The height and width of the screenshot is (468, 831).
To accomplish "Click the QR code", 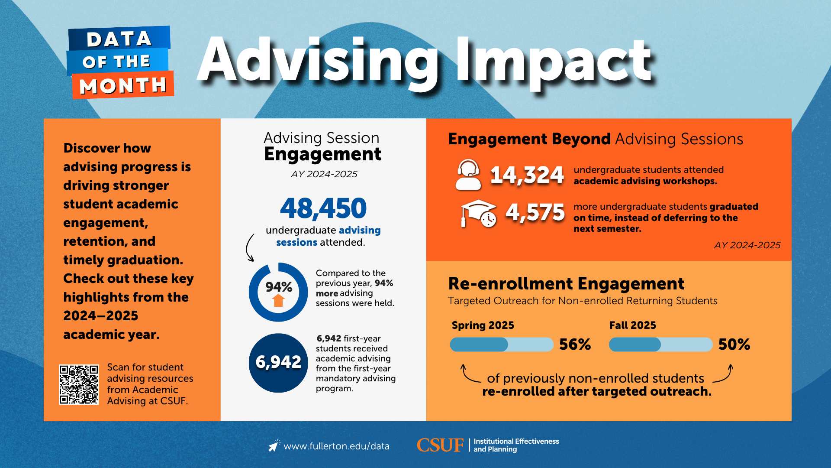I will [x=79, y=384].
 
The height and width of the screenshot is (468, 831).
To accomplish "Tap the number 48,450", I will [x=323, y=208].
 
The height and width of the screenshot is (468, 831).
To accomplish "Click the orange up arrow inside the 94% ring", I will [x=278, y=300].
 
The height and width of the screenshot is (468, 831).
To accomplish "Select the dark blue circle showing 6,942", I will [x=278, y=363].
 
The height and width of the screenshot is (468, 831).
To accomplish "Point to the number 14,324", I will [x=527, y=175].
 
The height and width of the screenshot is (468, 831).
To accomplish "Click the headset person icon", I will [x=468, y=175].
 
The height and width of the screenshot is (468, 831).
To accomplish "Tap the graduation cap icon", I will [x=478, y=213].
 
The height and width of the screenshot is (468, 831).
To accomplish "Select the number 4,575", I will [x=535, y=213].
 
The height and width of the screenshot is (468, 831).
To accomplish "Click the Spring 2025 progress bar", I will [x=502, y=344].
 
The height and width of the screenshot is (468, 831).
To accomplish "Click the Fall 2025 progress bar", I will [x=660, y=344].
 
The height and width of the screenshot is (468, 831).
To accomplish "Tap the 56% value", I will [x=575, y=344].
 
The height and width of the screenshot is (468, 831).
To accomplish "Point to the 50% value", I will [x=734, y=344].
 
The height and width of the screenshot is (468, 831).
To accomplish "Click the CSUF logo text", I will [x=440, y=445].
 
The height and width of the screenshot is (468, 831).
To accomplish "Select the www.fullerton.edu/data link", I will [x=336, y=446].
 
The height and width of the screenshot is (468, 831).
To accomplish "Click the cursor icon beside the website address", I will [x=274, y=445].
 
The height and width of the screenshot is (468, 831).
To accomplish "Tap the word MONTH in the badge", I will [x=123, y=86].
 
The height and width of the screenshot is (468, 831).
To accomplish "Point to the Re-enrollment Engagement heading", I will [x=566, y=284].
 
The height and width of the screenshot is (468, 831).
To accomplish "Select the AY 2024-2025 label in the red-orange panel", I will [x=747, y=245].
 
